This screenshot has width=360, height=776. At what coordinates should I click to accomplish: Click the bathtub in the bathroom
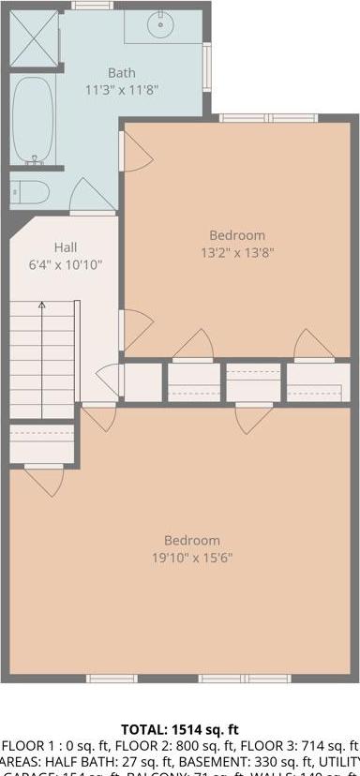[x=34, y=120]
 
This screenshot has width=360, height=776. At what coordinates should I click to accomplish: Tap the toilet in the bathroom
[x=31, y=193]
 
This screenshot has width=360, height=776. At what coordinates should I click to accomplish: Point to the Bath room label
[x=121, y=72]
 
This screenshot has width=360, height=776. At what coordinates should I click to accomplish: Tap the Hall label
[x=65, y=247]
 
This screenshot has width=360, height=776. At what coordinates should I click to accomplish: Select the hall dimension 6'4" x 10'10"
[x=65, y=264]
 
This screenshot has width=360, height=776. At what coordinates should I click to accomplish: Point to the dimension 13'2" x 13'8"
[x=236, y=252]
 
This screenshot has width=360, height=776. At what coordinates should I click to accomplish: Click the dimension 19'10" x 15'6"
[x=192, y=557]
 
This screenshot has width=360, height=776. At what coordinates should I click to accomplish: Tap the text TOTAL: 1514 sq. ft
[x=180, y=728]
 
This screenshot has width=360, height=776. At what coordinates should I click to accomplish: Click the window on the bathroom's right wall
[x=207, y=67]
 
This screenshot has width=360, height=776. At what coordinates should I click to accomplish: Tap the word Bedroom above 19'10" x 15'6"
[x=192, y=540]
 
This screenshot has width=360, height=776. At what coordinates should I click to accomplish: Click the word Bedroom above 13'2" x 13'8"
[x=236, y=235]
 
